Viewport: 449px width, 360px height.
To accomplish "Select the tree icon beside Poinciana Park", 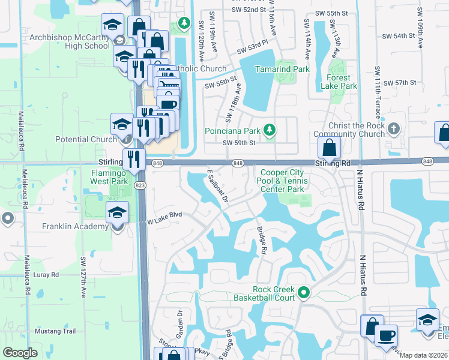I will (271, 130).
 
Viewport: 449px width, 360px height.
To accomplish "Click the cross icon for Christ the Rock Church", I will (393, 129).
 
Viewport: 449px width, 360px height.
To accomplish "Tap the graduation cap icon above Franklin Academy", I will (117, 212).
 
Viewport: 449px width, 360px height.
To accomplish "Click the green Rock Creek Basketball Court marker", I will (304, 293).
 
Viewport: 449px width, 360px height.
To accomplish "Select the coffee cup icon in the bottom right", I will (387, 335).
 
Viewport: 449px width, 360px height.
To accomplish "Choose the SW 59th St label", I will (239, 143).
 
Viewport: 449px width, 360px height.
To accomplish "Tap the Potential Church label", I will (85, 139).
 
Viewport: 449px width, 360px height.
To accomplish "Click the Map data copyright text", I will (424, 355).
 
